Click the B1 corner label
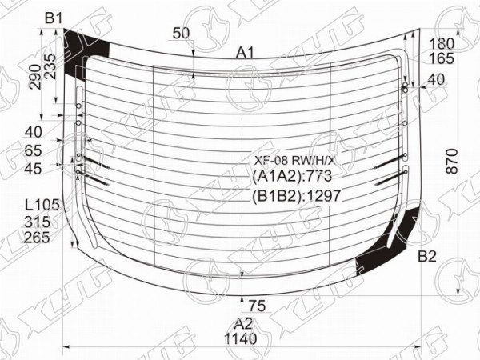[x=54, y=18]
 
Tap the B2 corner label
[x=427, y=257]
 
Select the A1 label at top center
[x=245, y=54]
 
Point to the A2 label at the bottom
[x=244, y=323]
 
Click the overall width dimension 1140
[x=241, y=338]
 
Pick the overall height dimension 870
[x=452, y=162]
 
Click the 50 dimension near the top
[x=182, y=33]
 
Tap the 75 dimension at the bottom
[x=257, y=306]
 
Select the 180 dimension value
[x=442, y=44]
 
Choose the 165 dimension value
[x=442, y=58]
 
